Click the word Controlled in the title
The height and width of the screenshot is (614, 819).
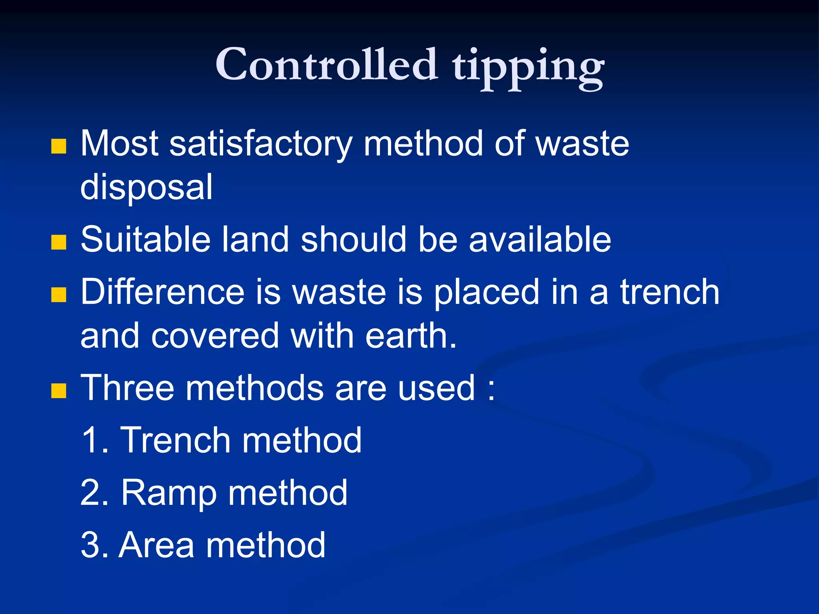coord(326,64)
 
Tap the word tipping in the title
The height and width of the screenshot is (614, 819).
coord(528,66)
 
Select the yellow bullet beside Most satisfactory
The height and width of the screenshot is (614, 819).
coord(59,146)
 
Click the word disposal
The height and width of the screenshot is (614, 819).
coord(146,187)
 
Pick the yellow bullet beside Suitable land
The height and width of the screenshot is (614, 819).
coord(59,242)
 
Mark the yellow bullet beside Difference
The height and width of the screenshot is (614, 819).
coord(59,295)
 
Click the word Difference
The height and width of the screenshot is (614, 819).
coord(162,292)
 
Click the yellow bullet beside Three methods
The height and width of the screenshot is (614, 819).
coord(59,391)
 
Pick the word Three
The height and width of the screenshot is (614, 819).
coord(127,388)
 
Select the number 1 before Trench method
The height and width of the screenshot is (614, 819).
coord(91,440)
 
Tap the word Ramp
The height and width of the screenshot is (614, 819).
coord(169,493)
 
